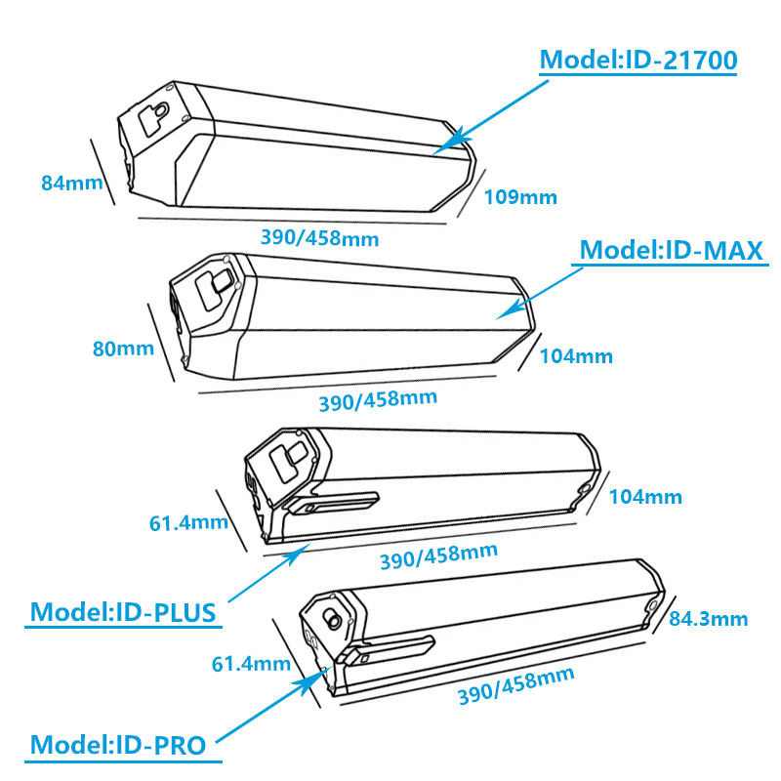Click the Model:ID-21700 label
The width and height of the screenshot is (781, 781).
[638, 61]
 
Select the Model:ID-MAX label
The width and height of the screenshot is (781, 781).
[671, 250]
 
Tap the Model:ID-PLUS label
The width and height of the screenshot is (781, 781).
[124, 612]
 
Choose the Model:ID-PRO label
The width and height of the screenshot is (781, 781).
[118, 746]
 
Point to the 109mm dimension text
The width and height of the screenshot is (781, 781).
[520, 197]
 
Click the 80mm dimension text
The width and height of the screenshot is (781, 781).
[123, 348]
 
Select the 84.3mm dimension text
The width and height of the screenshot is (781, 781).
[709, 618]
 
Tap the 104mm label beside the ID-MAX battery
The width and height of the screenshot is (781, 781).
[576, 356]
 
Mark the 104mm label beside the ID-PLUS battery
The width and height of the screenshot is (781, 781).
[645, 497]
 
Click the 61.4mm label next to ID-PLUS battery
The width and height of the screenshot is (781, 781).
[188, 522]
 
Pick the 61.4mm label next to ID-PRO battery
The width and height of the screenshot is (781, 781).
[252, 665]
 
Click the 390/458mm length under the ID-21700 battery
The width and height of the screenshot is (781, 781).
[320, 237]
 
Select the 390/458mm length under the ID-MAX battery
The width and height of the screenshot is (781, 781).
[378, 400]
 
